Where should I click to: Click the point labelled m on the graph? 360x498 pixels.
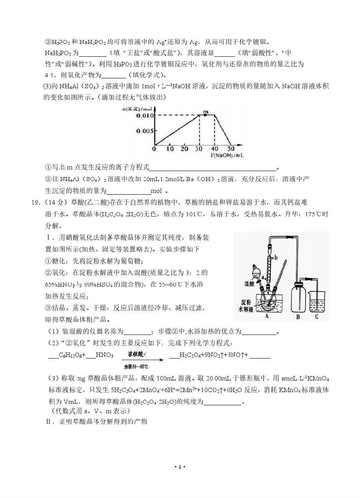point(206,115)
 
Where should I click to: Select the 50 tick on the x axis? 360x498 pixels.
point(231,149)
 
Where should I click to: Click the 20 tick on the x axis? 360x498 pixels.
point(184,149)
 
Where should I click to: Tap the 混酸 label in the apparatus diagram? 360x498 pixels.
point(251,283)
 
